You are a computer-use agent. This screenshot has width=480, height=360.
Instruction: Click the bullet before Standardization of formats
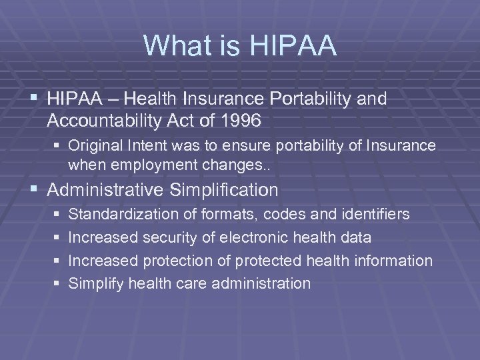point(55,215)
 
